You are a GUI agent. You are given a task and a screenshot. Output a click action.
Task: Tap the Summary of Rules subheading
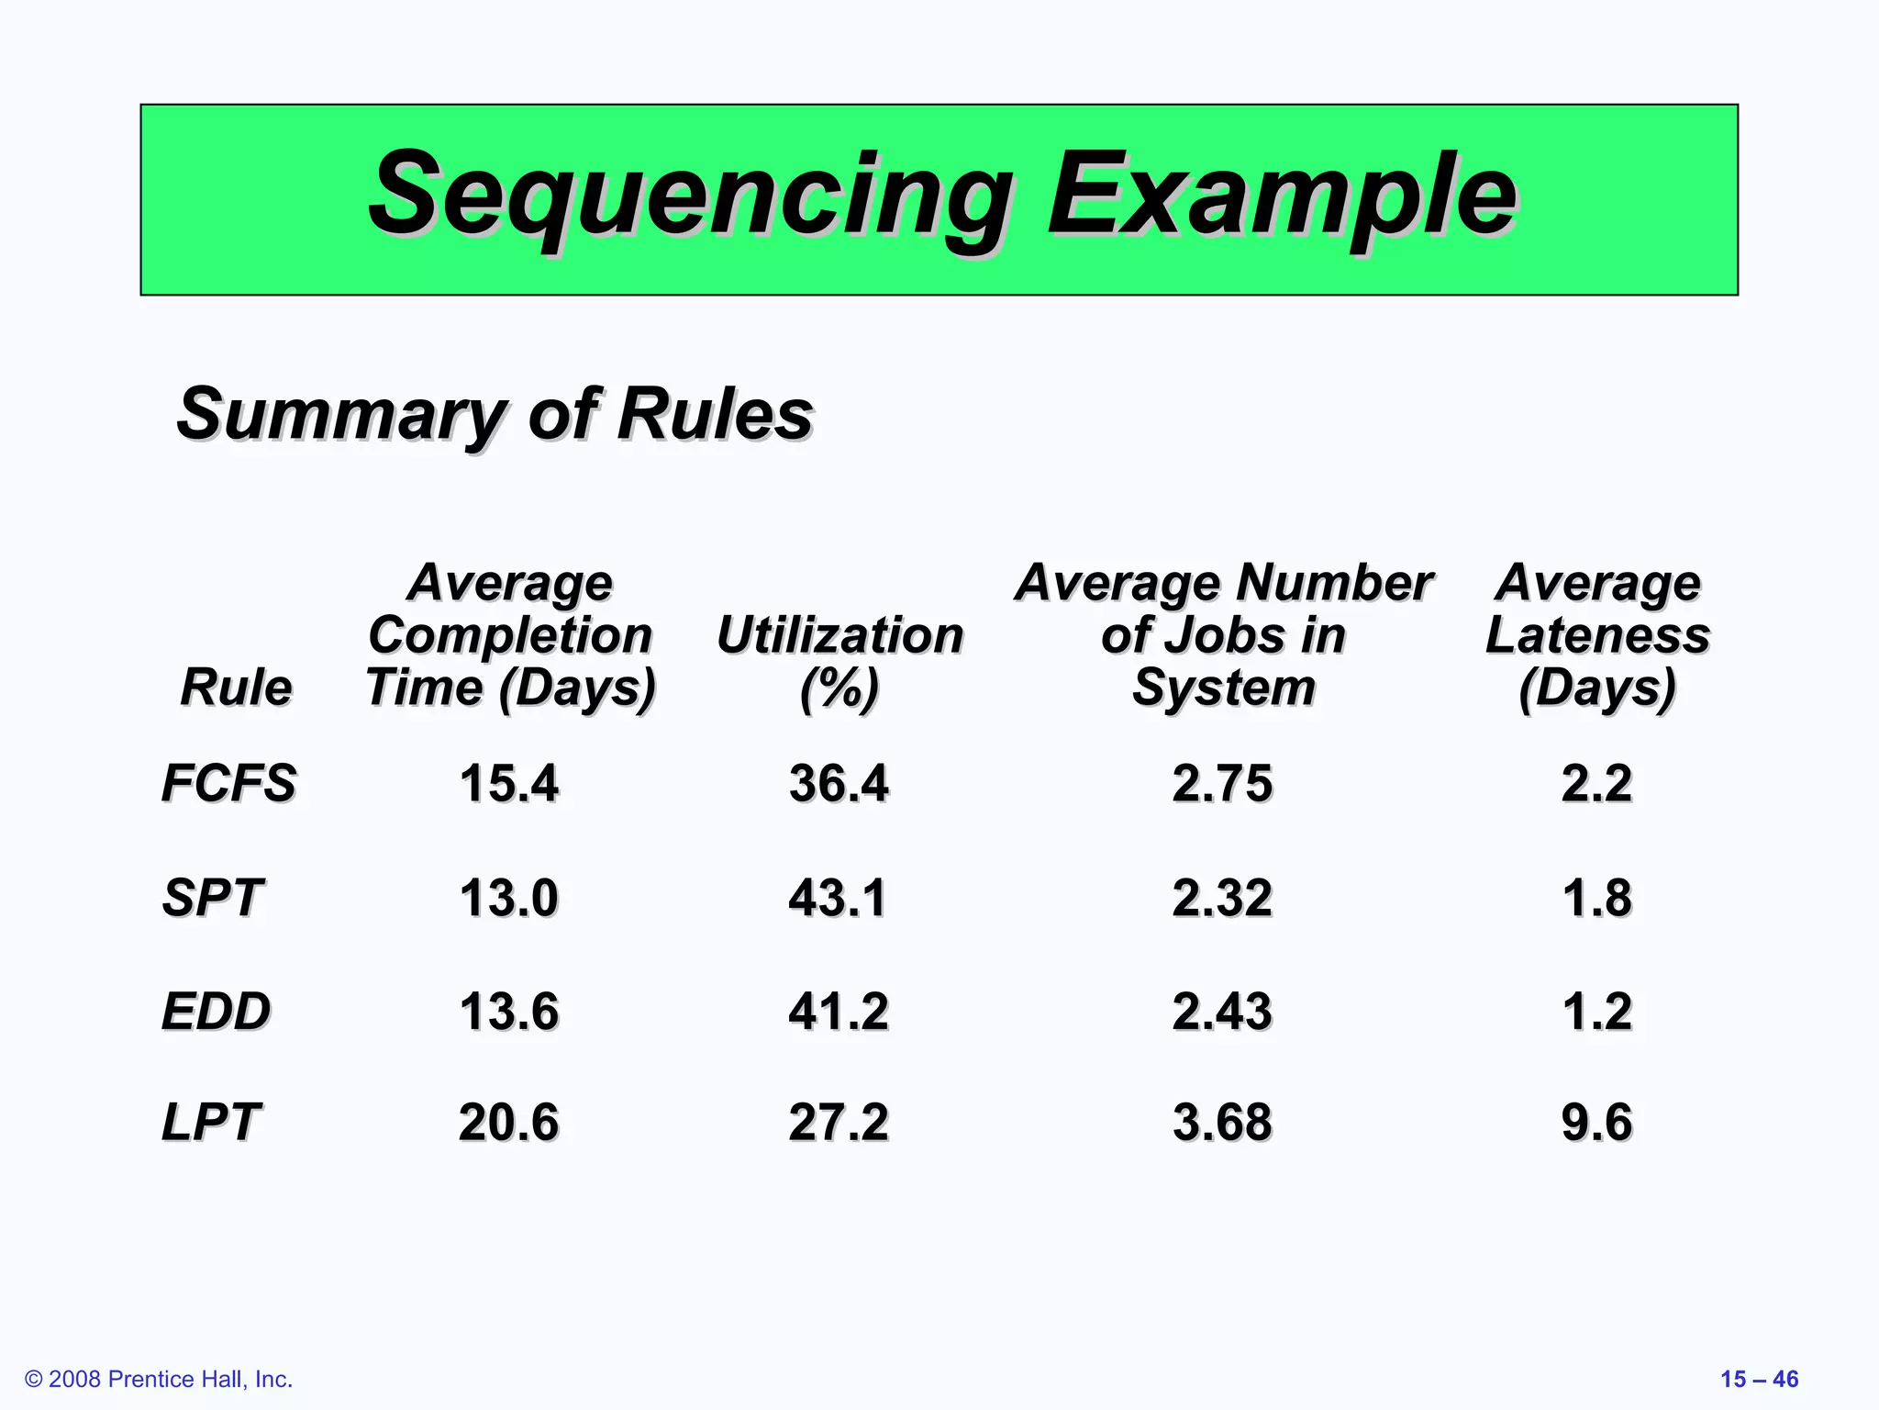click(495, 414)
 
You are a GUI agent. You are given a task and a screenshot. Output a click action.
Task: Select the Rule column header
click(236, 687)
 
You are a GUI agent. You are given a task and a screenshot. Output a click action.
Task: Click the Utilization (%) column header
click(839, 660)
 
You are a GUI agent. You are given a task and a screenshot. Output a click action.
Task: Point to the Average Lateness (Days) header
click(1597, 634)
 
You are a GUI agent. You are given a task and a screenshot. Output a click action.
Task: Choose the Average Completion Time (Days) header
click(510, 634)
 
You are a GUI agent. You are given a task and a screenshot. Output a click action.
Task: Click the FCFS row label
click(228, 783)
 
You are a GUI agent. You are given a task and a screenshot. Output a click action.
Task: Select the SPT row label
click(212, 897)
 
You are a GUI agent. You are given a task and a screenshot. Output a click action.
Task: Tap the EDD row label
click(216, 1011)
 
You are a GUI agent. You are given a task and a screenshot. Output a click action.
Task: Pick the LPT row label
click(211, 1122)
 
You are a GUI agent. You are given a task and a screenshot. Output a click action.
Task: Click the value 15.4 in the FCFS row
click(508, 783)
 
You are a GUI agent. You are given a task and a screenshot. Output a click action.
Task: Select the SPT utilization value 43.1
click(838, 897)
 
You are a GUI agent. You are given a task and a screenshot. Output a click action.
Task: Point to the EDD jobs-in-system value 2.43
click(1222, 1011)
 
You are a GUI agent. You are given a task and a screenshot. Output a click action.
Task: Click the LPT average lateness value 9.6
click(1596, 1122)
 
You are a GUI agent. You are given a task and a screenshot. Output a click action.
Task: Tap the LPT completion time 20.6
click(508, 1122)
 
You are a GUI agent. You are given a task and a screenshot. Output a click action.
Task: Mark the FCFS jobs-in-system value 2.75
click(1222, 783)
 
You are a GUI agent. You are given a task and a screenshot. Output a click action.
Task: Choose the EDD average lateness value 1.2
click(1596, 1011)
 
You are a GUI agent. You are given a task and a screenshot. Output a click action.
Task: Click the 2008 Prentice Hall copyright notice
click(159, 1379)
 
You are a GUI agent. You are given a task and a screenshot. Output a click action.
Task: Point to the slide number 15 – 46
click(1759, 1379)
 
